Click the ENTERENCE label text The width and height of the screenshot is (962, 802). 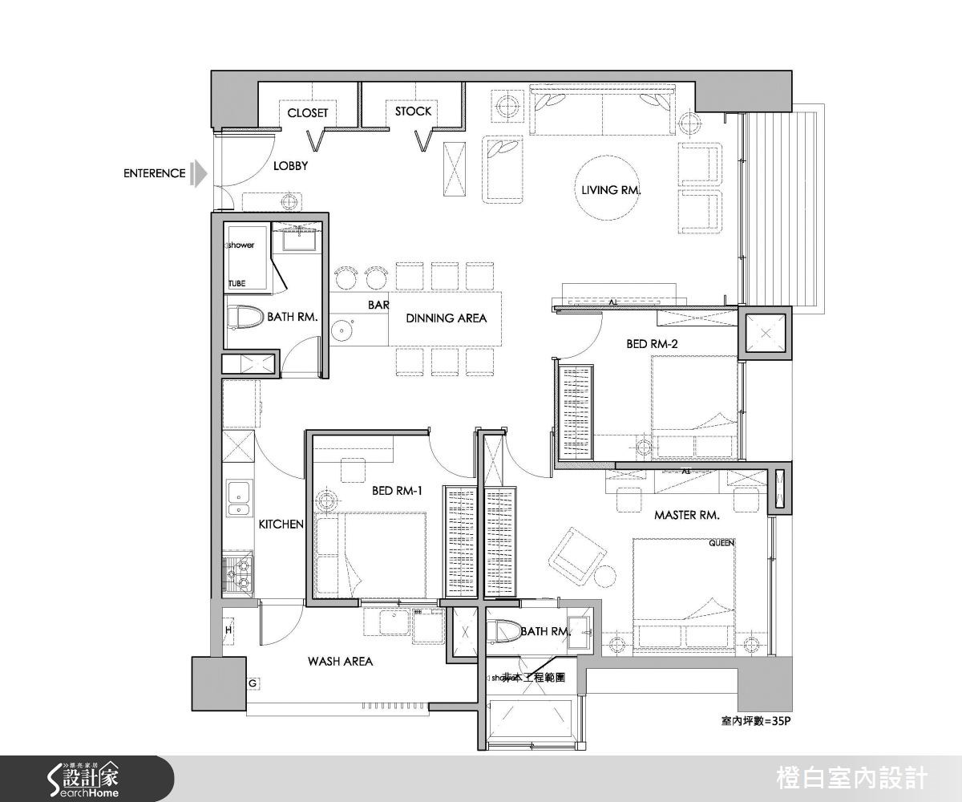154,173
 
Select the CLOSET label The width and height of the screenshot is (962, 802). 308,113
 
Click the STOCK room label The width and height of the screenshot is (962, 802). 413,111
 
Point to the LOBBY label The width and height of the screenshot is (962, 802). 290,166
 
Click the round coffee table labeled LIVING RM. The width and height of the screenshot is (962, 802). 612,190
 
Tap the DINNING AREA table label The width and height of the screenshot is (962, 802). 446,318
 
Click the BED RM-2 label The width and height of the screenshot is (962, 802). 652,344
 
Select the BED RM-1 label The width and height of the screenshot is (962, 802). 397,491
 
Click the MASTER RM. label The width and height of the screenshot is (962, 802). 686,515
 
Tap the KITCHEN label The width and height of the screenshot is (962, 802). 281,525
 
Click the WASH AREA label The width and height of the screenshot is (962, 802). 340,662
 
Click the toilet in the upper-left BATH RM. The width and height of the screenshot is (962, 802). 245,318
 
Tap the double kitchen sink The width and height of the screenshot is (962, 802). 238,499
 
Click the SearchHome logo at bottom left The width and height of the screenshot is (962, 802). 84,778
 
